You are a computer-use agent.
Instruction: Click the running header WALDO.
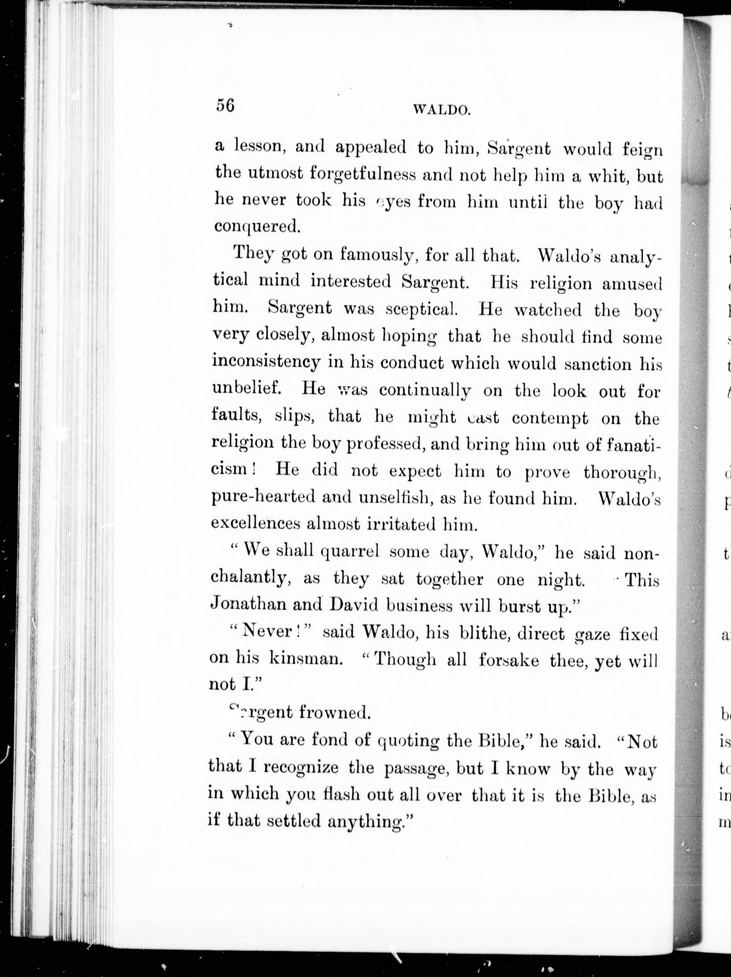pyautogui.click(x=441, y=110)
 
